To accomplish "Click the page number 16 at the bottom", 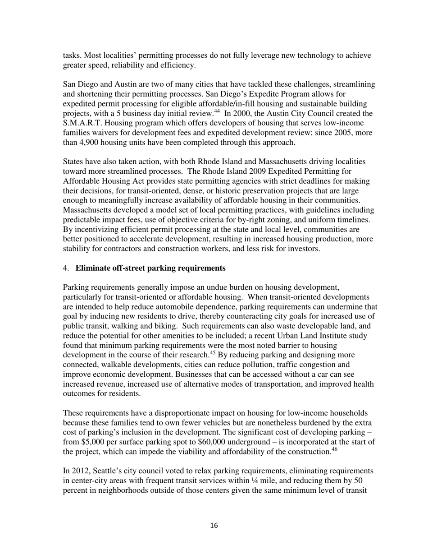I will tap(214, 525).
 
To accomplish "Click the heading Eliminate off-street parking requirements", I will tap(150, 268).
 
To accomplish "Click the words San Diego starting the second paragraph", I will tap(79, 84).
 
